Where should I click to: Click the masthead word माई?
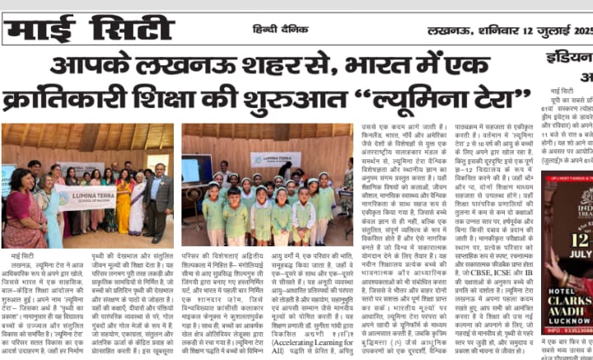pyautogui.click(x=43, y=30)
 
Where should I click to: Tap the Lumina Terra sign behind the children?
pyautogui.click(x=275, y=158)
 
